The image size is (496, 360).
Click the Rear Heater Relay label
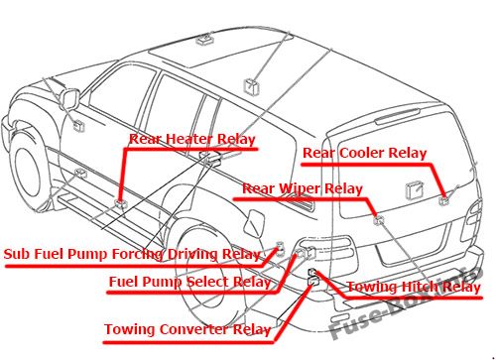(x=192, y=139)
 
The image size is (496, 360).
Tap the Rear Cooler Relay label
(x=365, y=153)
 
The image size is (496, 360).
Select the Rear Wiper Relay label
(x=303, y=188)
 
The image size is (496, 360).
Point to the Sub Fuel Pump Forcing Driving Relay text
(x=132, y=254)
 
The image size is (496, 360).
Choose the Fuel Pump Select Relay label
(x=189, y=282)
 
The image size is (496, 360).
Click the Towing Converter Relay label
(x=187, y=329)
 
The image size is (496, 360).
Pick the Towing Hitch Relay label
(x=414, y=287)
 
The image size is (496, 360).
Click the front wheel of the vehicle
(x=27, y=172)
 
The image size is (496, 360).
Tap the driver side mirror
(x=70, y=98)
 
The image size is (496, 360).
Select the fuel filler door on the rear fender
(x=254, y=223)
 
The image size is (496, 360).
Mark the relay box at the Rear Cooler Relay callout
(x=444, y=200)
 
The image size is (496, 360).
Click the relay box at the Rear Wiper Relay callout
(x=379, y=219)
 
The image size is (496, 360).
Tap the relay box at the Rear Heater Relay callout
(x=121, y=203)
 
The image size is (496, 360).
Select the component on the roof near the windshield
(x=205, y=40)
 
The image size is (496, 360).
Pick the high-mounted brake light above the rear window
(x=398, y=116)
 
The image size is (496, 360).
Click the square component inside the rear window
(x=415, y=190)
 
